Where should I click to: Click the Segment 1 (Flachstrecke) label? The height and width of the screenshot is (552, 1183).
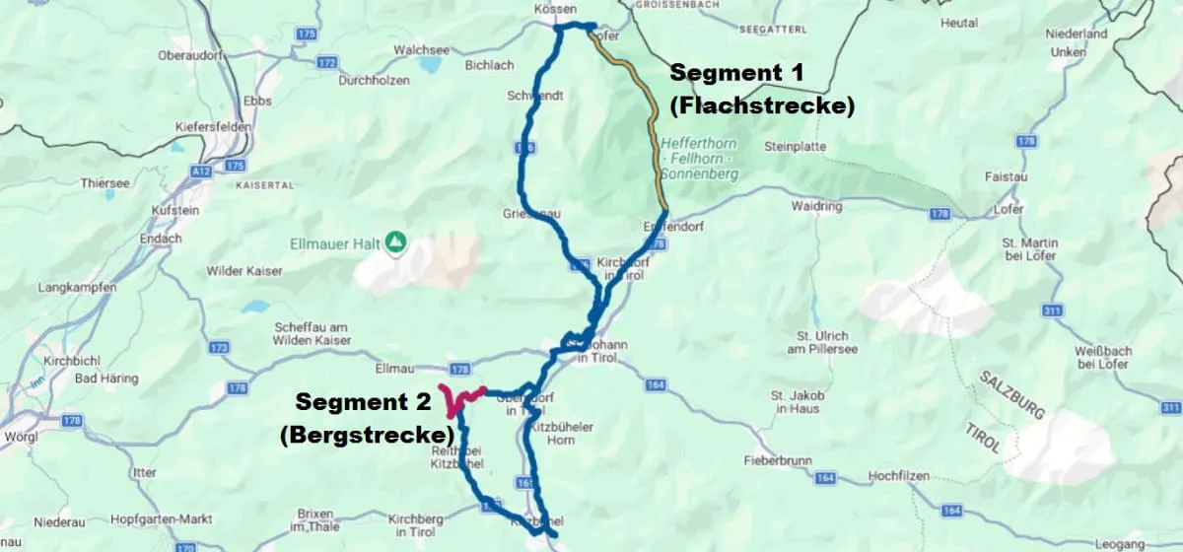(761, 89)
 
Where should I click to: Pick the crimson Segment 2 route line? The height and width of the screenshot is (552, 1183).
(457, 399)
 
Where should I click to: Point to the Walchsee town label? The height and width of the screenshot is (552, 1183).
(420, 48)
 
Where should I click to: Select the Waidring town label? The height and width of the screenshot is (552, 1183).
(816, 207)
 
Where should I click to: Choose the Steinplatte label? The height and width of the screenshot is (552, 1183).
(793, 147)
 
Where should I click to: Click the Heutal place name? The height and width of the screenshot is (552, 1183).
(958, 23)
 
